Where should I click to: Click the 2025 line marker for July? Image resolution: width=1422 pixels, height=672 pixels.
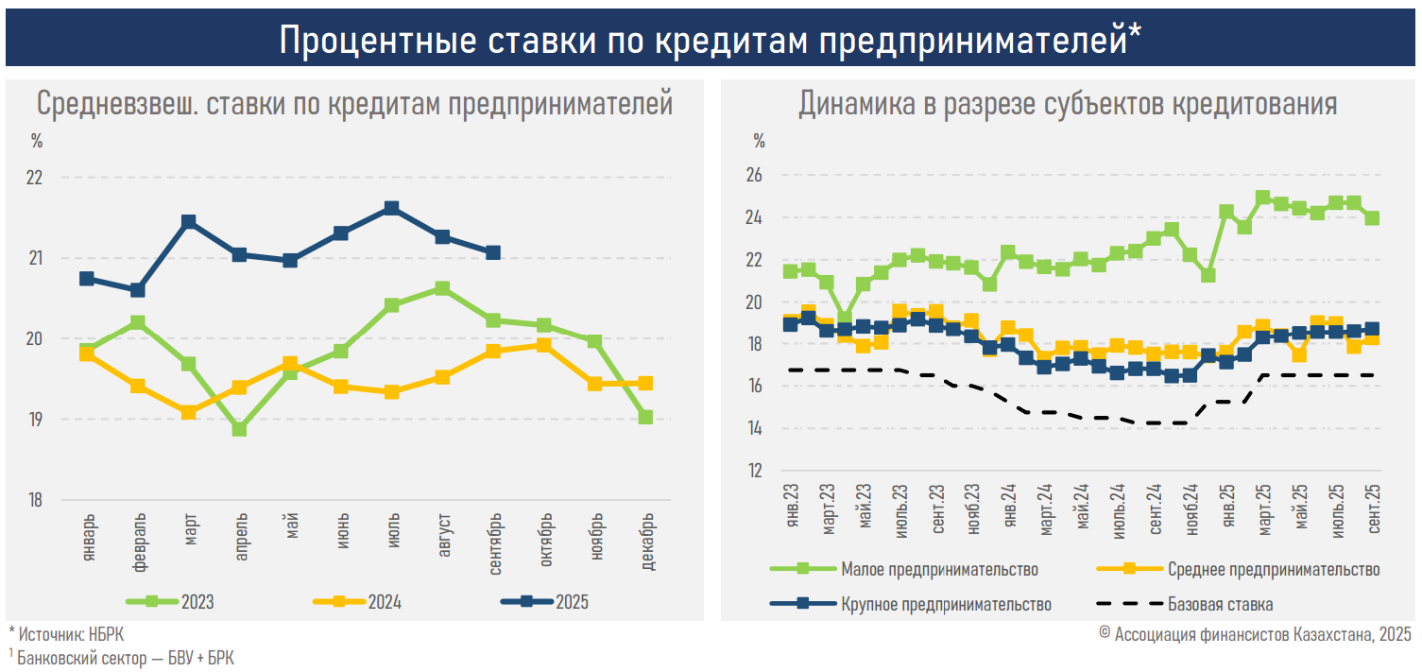tap(391, 208)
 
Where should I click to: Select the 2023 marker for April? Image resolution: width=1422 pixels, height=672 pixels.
tap(239, 429)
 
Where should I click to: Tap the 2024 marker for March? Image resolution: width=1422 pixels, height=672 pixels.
tap(188, 412)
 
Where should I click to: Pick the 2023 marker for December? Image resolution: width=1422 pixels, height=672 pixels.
tap(645, 417)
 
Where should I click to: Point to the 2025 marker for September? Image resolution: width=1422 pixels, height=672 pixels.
tap(493, 252)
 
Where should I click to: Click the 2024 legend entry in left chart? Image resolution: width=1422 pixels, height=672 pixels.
tap(357, 601)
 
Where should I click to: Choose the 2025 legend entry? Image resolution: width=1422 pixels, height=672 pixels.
tap(542, 601)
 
